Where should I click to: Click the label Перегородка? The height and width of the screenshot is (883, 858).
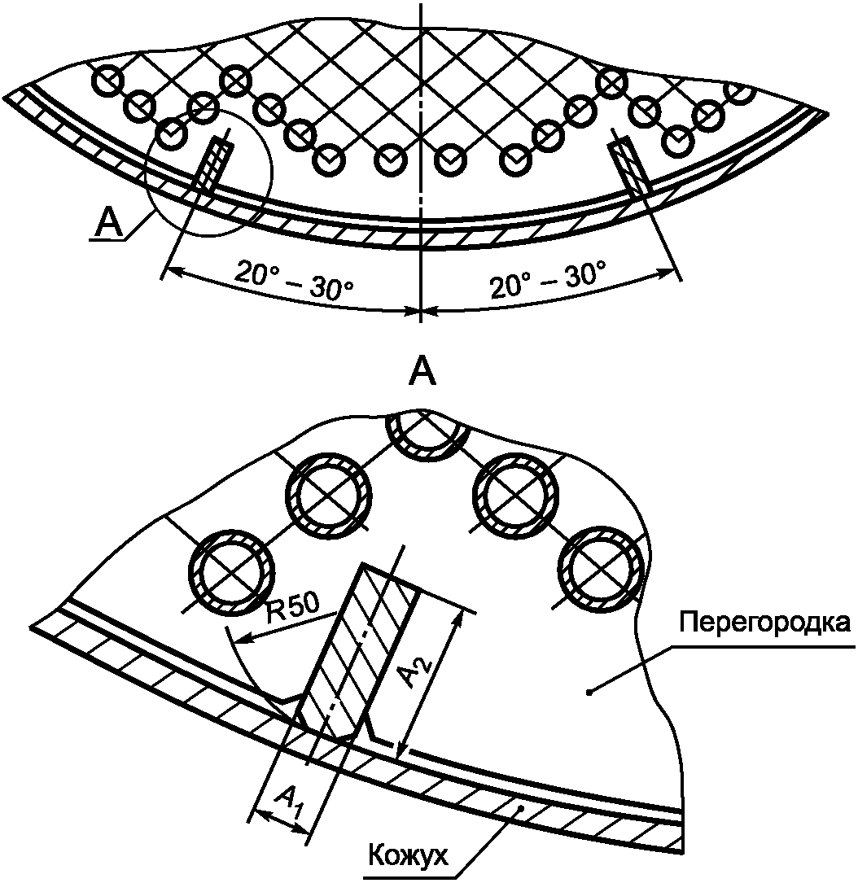(x=764, y=624)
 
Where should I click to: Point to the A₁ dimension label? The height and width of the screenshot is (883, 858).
(x=292, y=802)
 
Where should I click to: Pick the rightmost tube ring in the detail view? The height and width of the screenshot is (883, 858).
(x=602, y=570)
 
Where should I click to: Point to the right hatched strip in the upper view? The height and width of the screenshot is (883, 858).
(x=631, y=167)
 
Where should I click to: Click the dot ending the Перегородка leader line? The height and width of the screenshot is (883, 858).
(x=589, y=692)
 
